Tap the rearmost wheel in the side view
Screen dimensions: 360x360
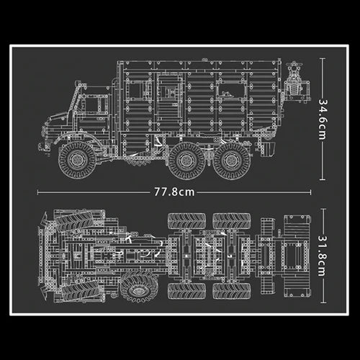tap(232, 160)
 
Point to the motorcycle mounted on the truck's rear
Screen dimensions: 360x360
tap(294, 79)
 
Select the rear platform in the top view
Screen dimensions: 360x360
tap(292, 254)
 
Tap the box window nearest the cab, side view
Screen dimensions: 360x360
tap(168, 93)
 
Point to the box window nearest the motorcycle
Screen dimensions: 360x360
tap(230, 91)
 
